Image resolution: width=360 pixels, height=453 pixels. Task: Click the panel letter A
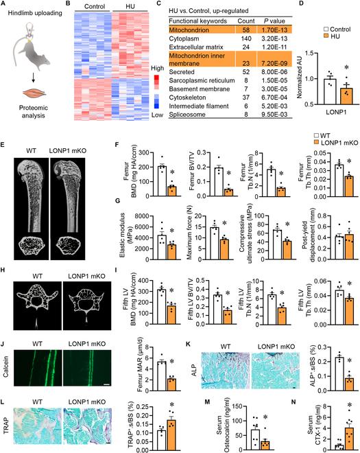(x=4, y=6)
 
